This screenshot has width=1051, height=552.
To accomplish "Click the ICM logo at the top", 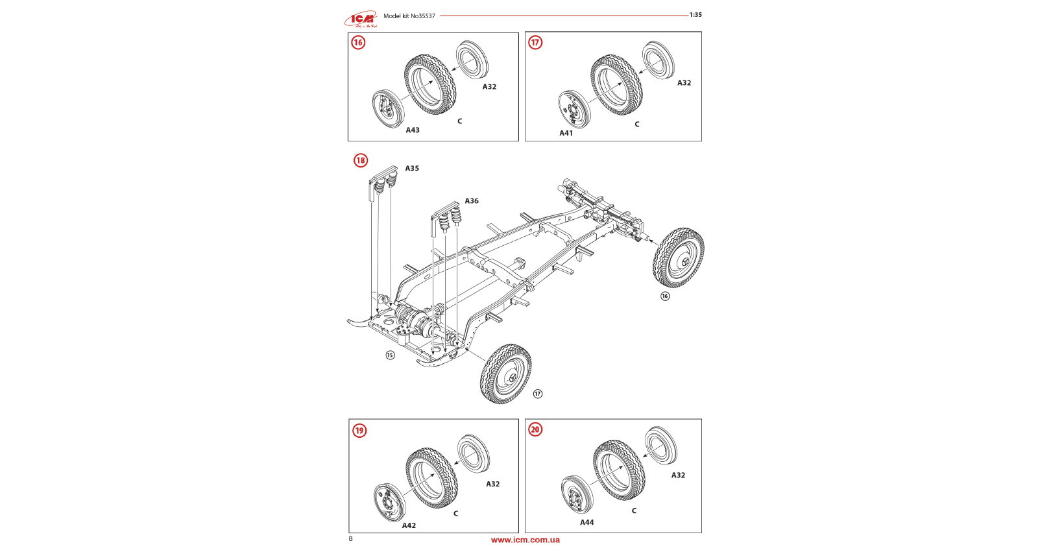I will pyautogui.click(x=360, y=19).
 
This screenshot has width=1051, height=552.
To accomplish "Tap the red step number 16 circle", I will pyautogui.click(x=358, y=43).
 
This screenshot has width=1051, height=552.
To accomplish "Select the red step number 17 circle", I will pyautogui.click(x=535, y=43).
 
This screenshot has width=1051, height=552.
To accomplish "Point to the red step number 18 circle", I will pyautogui.click(x=360, y=160).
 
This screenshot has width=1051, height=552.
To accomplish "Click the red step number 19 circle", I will pyautogui.click(x=359, y=430).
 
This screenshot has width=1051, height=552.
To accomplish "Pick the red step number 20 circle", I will pyautogui.click(x=535, y=429).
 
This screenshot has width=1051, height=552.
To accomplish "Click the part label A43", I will pyautogui.click(x=413, y=130).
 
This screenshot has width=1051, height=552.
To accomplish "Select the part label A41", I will pyautogui.click(x=566, y=133).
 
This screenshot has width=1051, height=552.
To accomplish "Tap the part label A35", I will pyautogui.click(x=412, y=169).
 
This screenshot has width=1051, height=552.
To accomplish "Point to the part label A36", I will pyautogui.click(x=472, y=201).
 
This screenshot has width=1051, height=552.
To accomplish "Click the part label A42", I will pyautogui.click(x=409, y=525).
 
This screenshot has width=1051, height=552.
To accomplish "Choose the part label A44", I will pyautogui.click(x=586, y=522).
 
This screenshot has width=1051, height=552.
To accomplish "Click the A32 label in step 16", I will pyautogui.click(x=489, y=87).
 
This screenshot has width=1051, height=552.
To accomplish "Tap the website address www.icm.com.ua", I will pyautogui.click(x=525, y=540).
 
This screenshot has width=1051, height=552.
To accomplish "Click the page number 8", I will pyautogui.click(x=351, y=538).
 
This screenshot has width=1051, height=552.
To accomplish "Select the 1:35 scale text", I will pyautogui.click(x=695, y=15).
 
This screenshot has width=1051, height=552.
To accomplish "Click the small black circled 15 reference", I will pyautogui.click(x=390, y=355).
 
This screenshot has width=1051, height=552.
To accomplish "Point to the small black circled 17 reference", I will pyautogui.click(x=538, y=394).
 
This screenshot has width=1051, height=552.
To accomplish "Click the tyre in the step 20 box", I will pyautogui.click(x=618, y=470).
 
